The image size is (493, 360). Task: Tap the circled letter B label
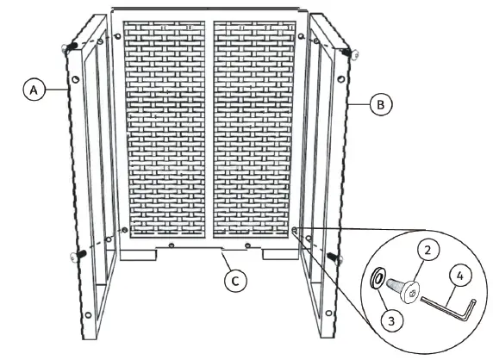click(380, 104)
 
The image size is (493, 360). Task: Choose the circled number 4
click(461, 277)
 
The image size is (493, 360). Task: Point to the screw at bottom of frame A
click(74, 255)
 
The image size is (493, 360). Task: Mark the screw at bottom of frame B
click(334, 258)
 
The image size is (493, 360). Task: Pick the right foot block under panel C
click(277, 254)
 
